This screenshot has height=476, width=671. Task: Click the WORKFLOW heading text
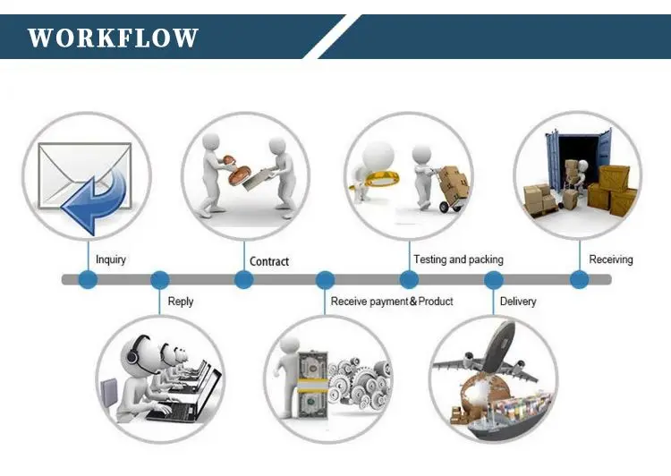click(x=113, y=38)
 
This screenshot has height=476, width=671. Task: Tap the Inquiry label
click(x=111, y=259)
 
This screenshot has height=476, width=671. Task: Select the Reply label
click(x=181, y=302)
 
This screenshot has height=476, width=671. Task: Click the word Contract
click(x=269, y=261)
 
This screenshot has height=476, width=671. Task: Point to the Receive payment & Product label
click(x=392, y=302)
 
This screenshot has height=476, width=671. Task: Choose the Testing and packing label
click(x=458, y=259)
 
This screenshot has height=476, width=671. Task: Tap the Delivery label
click(x=518, y=302)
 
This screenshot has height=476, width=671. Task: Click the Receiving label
click(x=611, y=259)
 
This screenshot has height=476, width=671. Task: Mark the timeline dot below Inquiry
click(x=88, y=280)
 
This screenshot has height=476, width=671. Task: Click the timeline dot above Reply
click(x=160, y=280)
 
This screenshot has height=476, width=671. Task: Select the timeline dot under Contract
click(x=243, y=280)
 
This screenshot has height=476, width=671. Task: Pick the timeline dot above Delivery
click(x=493, y=280)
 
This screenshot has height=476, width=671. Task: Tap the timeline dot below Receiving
click(x=580, y=280)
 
